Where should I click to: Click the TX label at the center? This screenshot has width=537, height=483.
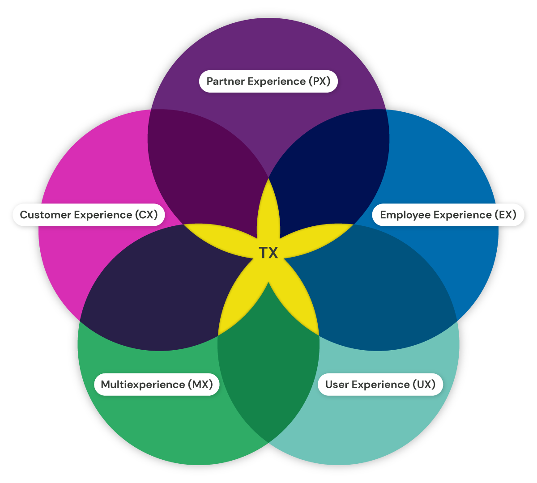[268, 253]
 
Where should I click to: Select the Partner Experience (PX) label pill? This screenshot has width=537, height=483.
[268, 81]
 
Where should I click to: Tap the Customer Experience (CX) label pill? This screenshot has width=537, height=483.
[89, 215]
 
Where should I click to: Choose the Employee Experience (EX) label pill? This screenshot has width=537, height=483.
[448, 215]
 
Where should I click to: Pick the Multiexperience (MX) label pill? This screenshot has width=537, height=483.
[157, 385]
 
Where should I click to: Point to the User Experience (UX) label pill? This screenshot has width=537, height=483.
[380, 385]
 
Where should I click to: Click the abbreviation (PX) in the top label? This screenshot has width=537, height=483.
[320, 81]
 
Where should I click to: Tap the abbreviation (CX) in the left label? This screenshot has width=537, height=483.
[146, 215]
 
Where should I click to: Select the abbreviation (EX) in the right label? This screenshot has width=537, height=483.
[505, 215]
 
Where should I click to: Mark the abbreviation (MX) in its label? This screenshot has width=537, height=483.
[200, 385]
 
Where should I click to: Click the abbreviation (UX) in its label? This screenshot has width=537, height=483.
[424, 385]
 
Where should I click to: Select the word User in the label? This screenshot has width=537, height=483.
[337, 385]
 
